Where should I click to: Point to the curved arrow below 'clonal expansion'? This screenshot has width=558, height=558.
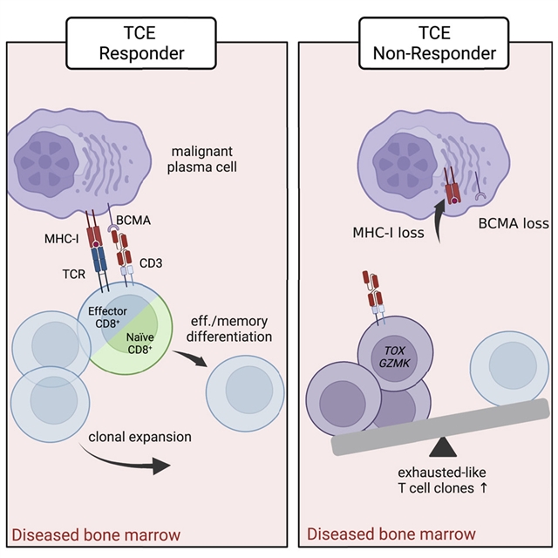(x=131, y=462)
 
